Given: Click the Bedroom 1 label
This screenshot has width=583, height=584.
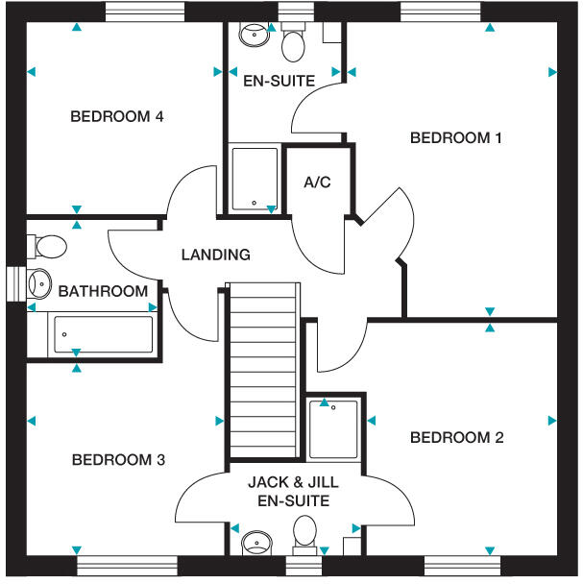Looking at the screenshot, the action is tap(455, 137).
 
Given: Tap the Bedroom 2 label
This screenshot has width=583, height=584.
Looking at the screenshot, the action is tap(456, 438).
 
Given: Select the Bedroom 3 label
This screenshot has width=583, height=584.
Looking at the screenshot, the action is tap(118, 460).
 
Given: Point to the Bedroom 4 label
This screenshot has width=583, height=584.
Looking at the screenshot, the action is tap(117, 117).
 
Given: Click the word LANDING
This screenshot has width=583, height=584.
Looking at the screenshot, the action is tap(216, 255).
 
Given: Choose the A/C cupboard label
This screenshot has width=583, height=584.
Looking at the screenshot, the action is tap(317, 182).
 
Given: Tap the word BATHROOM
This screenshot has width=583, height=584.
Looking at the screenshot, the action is tap(103, 291).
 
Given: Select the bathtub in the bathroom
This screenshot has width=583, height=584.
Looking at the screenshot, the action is tap(103, 335).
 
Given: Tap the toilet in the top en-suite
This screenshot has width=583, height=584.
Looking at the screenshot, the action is tap(294, 43).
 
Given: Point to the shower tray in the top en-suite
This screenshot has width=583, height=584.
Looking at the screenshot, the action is tap(255, 179).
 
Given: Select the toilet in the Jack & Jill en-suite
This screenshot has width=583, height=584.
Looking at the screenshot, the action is tap(305, 535).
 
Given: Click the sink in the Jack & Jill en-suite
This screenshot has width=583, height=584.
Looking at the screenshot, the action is tap(255, 545).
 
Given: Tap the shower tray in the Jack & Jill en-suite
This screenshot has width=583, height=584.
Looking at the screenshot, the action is tap(333, 428).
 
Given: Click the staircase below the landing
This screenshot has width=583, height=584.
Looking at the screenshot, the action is tap(262, 370).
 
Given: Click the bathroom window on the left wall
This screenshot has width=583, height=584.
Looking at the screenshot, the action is tap(13, 284).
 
